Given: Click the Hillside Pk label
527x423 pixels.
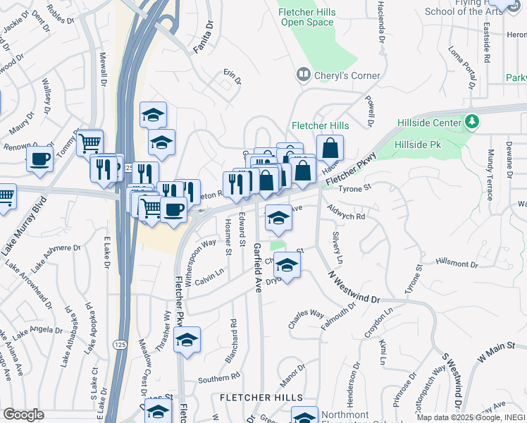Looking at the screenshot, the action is tap(418, 144).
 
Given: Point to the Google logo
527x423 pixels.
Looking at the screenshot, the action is tap(23, 415).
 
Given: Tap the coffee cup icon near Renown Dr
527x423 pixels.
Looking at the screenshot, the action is tap(39, 159).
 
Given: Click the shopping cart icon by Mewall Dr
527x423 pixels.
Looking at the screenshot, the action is tap(89, 143).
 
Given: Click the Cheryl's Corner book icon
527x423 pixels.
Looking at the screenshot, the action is tap(303, 74).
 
